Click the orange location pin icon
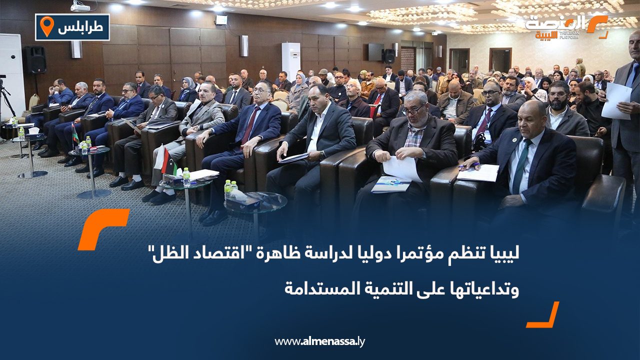pos(46,26)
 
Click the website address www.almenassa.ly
pos(320,341)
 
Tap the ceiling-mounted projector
pos(80,6)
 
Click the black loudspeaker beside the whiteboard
pos(35,59)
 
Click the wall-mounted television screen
pos(375,51)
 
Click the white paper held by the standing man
pos(616,100)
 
